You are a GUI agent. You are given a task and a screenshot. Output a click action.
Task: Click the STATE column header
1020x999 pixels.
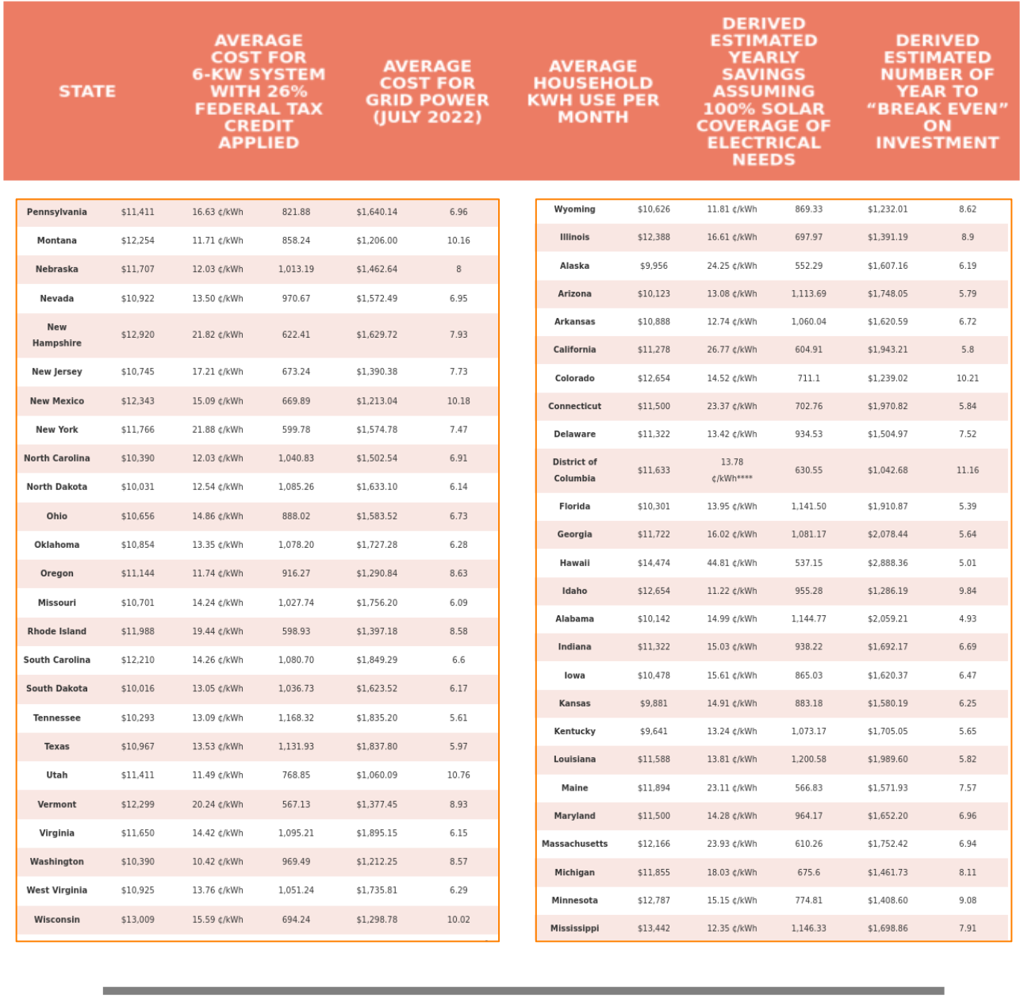click(87, 91)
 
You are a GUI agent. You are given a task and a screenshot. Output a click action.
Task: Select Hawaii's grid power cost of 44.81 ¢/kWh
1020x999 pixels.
click(731, 563)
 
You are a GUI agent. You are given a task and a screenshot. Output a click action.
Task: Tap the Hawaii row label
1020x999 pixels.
click(574, 563)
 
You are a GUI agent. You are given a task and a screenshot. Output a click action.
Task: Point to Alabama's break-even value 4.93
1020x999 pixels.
click(967, 618)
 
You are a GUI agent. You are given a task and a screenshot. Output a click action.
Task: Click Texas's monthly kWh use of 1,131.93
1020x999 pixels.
click(296, 747)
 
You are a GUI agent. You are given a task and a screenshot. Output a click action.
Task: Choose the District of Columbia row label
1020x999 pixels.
click(574, 470)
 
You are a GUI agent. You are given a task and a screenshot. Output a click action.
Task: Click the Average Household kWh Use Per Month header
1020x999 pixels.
click(592, 91)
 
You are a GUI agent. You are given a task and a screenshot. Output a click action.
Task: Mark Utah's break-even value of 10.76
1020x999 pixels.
click(458, 775)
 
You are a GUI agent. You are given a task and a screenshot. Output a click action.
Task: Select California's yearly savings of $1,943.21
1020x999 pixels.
click(887, 350)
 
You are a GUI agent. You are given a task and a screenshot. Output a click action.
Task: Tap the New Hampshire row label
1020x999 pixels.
click(56, 335)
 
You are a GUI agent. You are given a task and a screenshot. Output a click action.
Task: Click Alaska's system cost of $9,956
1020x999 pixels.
click(654, 266)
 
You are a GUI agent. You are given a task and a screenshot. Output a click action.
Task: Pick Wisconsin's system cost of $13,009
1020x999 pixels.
click(138, 920)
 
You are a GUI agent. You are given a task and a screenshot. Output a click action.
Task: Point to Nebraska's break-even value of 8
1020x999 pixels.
click(458, 270)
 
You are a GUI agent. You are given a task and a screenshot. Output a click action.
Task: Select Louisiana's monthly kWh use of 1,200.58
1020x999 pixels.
click(808, 760)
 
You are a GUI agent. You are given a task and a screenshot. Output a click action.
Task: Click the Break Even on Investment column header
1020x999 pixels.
click(937, 91)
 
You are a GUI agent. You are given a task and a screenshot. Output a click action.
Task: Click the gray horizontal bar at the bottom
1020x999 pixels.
click(523, 990)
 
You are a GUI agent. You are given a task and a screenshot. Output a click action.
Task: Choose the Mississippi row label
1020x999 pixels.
click(574, 928)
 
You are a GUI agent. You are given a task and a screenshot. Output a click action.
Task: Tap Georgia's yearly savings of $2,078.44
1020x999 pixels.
click(887, 534)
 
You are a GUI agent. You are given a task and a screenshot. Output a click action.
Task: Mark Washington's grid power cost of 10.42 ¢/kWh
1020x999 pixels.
click(217, 862)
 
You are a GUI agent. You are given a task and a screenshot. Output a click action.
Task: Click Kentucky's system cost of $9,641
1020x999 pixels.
click(654, 731)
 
